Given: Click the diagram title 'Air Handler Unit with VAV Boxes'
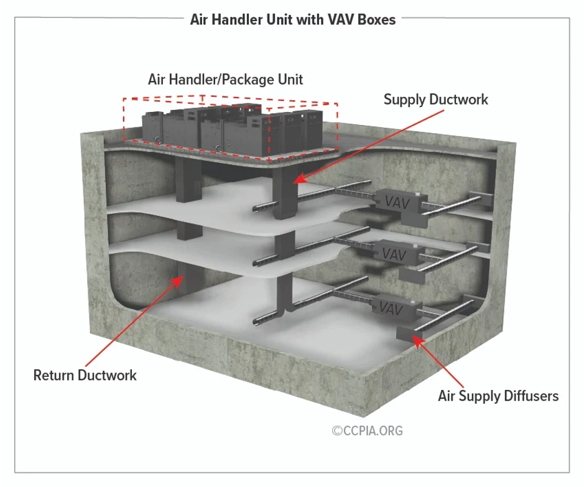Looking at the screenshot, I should [x=292, y=19].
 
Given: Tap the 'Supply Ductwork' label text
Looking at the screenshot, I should [x=435, y=100].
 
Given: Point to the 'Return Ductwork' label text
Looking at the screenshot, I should [x=85, y=375].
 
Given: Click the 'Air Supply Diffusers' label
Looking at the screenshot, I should [x=498, y=396].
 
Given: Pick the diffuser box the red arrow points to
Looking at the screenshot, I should [x=409, y=330].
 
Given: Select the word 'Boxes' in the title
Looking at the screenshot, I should [x=376, y=19].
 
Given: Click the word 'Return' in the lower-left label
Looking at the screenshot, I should [x=53, y=375].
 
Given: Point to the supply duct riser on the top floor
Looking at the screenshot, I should [x=283, y=193].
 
